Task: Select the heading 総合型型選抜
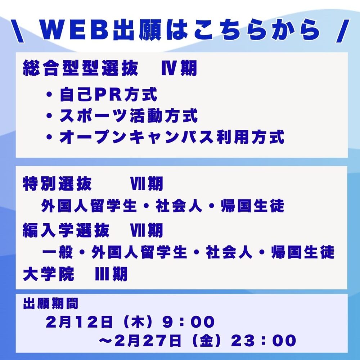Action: (x=81, y=68)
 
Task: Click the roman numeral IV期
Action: (x=179, y=68)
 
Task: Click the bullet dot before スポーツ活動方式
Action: (x=49, y=116)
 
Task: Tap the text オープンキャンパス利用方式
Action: (x=172, y=137)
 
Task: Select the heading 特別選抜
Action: (x=57, y=184)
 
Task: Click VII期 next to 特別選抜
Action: (x=147, y=184)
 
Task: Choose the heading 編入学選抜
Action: (x=66, y=230)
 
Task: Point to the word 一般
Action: (x=57, y=252)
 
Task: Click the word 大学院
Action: (x=49, y=274)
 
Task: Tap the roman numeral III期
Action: (x=111, y=274)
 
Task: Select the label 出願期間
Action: (x=50, y=303)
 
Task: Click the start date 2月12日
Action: (x=79, y=321)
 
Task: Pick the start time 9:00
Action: (x=188, y=321)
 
